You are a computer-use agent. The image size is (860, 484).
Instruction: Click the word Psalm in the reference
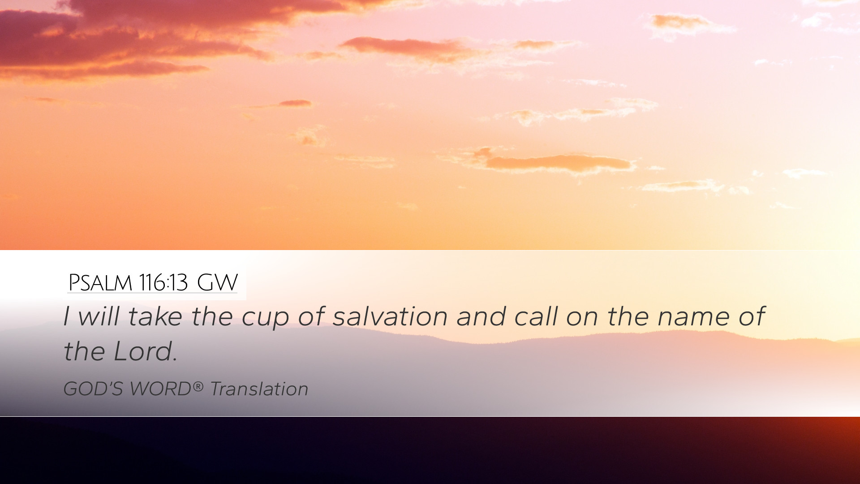pos(100,282)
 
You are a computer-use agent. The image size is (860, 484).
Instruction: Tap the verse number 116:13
pos(163,282)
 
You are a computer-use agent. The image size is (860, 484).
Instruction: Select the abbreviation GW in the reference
pos(217,282)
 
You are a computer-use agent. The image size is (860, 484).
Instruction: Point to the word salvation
pos(390,316)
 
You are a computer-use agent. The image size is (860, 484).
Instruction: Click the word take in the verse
pos(155,316)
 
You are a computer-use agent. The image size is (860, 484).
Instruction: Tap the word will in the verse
pos(98,316)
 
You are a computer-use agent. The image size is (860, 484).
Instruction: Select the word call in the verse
pos(536,316)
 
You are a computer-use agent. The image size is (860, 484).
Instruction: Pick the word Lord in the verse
pos(142,351)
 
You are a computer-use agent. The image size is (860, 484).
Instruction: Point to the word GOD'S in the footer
pos(93,389)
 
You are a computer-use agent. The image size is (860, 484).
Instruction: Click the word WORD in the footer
pos(160,389)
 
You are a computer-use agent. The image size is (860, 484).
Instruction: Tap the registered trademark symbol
pos(198,386)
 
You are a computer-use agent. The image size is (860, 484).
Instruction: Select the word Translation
pos(259,389)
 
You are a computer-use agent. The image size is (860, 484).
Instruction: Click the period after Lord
pos(175,360)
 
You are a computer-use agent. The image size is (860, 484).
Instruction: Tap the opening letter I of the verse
pos(66,316)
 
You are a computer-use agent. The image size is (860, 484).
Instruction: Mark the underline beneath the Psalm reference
pos(152,293)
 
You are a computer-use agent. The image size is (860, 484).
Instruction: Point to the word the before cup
pos(212,316)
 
